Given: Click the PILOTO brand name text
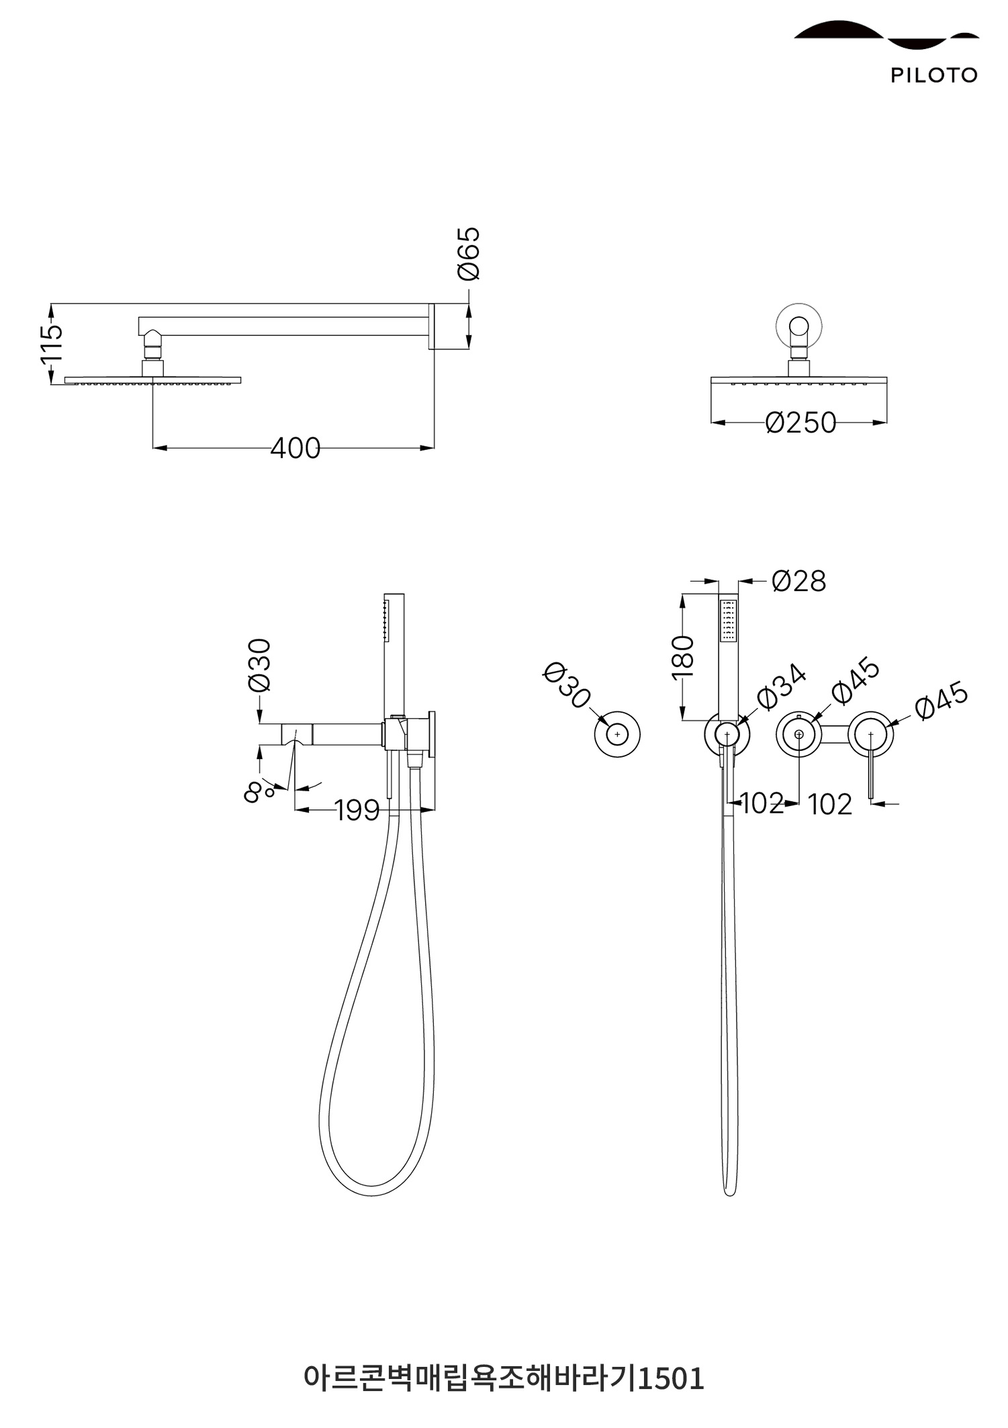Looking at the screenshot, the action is [933, 75].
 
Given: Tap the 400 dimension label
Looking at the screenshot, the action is [295, 448].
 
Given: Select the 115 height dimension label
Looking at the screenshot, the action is [51, 343].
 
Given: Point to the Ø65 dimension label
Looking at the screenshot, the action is [468, 253].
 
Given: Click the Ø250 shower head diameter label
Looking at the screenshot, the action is [800, 422].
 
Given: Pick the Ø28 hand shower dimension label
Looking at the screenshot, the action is [798, 581].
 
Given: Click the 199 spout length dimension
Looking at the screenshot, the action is [357, 810].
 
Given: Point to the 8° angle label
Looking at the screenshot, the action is [259, 792].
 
